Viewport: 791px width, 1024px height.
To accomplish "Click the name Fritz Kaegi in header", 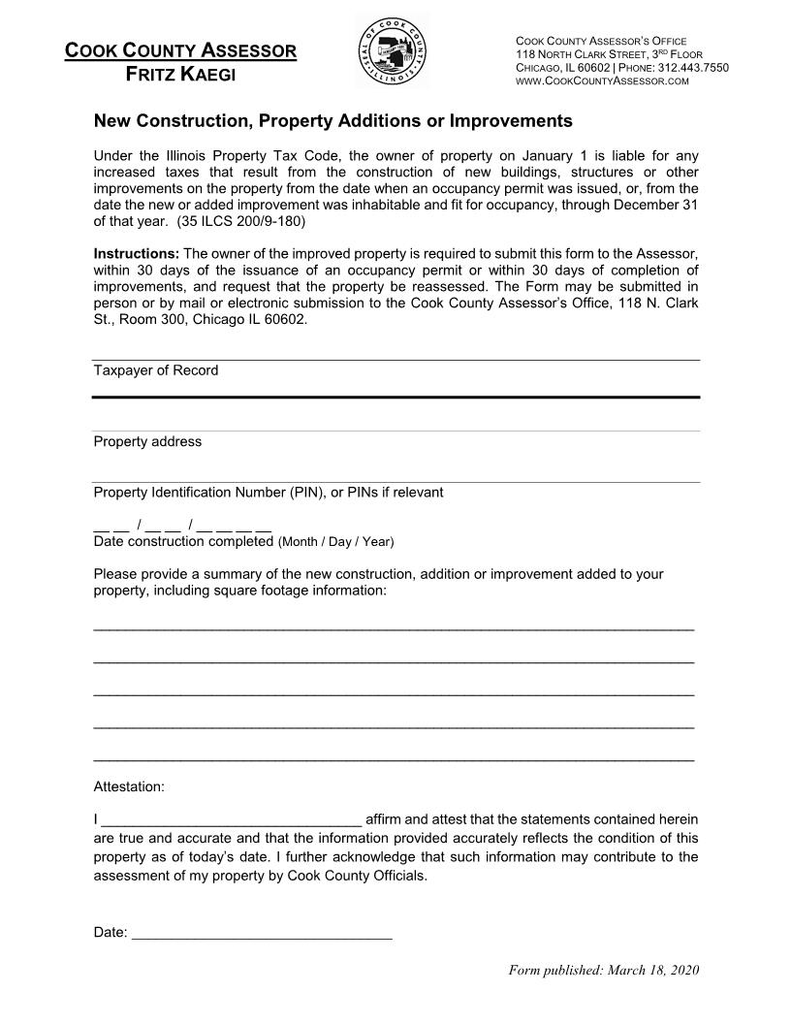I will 180,75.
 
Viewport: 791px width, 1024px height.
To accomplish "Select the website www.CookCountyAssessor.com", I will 601,80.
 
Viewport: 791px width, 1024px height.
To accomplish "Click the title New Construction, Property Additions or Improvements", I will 332,122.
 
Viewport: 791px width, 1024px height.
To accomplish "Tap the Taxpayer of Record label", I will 155,370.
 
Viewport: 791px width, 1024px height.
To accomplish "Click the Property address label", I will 147,441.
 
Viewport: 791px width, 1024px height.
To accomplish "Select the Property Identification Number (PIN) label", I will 268,492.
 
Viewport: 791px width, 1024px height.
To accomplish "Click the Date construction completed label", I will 183,540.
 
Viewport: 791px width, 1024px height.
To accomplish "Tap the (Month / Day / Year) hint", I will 335,541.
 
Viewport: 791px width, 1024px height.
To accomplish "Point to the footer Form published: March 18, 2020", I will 604,970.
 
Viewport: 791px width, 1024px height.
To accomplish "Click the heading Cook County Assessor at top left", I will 180,50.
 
